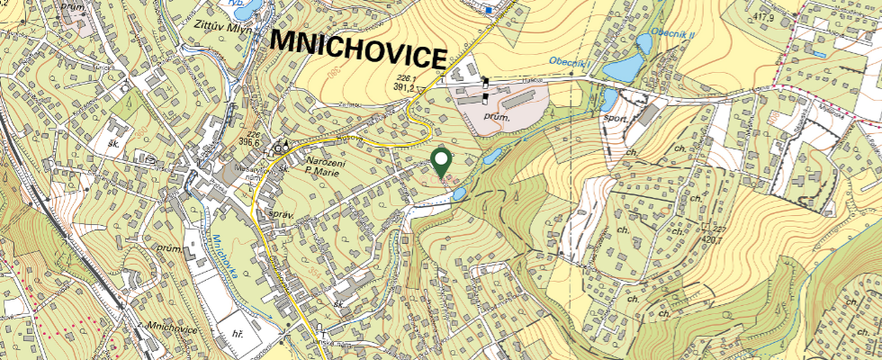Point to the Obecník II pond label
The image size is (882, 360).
click(673, 34)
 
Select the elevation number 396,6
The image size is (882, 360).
click(249, 142)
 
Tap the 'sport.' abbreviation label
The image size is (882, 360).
click(617, 116)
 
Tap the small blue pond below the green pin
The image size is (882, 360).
click(458, 193)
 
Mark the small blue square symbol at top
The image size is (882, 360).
click(489, 10)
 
